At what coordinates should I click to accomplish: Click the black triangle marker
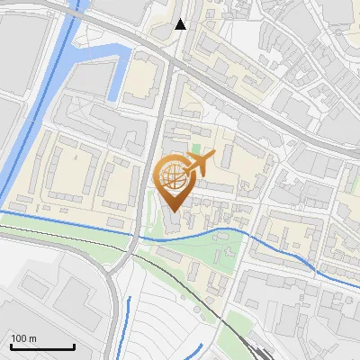click(181, 24)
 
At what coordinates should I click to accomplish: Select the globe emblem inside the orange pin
click(172, 175)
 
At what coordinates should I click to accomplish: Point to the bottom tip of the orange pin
click(173, 211)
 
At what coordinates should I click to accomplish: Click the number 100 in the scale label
click(19, 338)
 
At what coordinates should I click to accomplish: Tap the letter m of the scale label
click(32, 338)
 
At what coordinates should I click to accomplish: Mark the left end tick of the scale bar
click(10, 346)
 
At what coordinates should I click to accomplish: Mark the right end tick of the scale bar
click(74, 346)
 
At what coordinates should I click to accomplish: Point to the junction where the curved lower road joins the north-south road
click(135, 251)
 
